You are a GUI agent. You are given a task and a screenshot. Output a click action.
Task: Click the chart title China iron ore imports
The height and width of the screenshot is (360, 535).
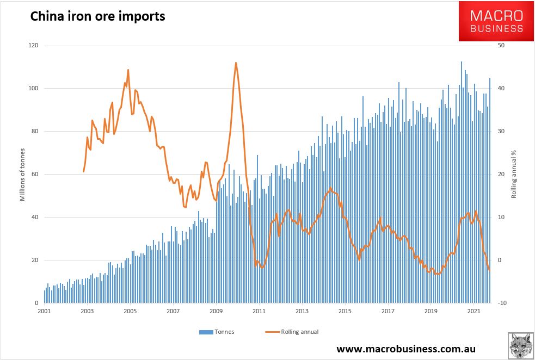(x=97, y=17)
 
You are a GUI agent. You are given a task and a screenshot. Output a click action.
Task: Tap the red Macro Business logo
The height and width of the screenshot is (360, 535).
(x=496, y=21)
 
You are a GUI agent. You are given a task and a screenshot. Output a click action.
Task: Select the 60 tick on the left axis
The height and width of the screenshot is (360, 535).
(x=35, y=174)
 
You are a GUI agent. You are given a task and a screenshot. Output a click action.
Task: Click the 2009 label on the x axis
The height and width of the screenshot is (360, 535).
(x=216, y=311)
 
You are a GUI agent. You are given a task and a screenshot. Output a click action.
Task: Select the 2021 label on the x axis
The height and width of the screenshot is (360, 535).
(x=474, y=311)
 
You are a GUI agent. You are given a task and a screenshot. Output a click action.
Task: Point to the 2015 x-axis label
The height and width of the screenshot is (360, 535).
(x=345, y=311)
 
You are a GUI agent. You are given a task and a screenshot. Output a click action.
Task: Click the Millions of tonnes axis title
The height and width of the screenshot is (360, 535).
(x=22, y=174)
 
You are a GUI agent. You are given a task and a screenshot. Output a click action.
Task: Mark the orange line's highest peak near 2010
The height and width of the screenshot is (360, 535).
(x=236, y=63)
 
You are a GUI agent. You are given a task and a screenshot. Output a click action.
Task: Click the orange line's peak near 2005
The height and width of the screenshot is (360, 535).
(x=128, y=70)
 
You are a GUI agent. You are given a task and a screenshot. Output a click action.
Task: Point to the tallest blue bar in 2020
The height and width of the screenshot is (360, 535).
(x=462, y=62)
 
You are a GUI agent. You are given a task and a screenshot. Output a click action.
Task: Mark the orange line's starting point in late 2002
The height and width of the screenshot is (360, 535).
(x=83, y=172)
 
